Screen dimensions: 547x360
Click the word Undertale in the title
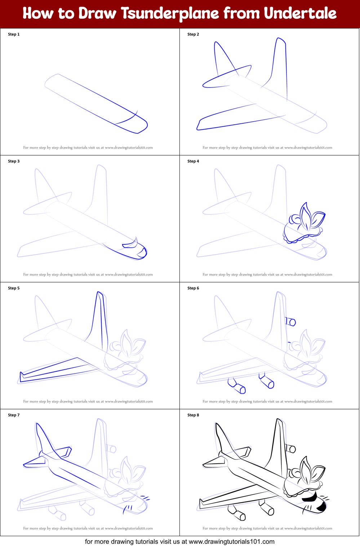click(300, 13)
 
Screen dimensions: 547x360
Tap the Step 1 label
click(14, 34)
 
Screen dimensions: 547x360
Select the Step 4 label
click(193, 161)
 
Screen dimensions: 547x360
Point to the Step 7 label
click(14, 415)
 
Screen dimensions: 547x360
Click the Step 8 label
click(193, 415)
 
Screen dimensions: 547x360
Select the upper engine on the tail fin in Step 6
click(290, 321)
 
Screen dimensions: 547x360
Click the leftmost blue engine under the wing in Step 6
click(237, 386)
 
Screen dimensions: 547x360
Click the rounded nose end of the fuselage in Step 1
click(143, 126)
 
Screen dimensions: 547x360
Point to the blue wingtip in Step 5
click(21, 377)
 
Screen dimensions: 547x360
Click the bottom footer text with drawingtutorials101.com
click(179, 541)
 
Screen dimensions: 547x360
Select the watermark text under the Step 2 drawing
click(267, 147)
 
